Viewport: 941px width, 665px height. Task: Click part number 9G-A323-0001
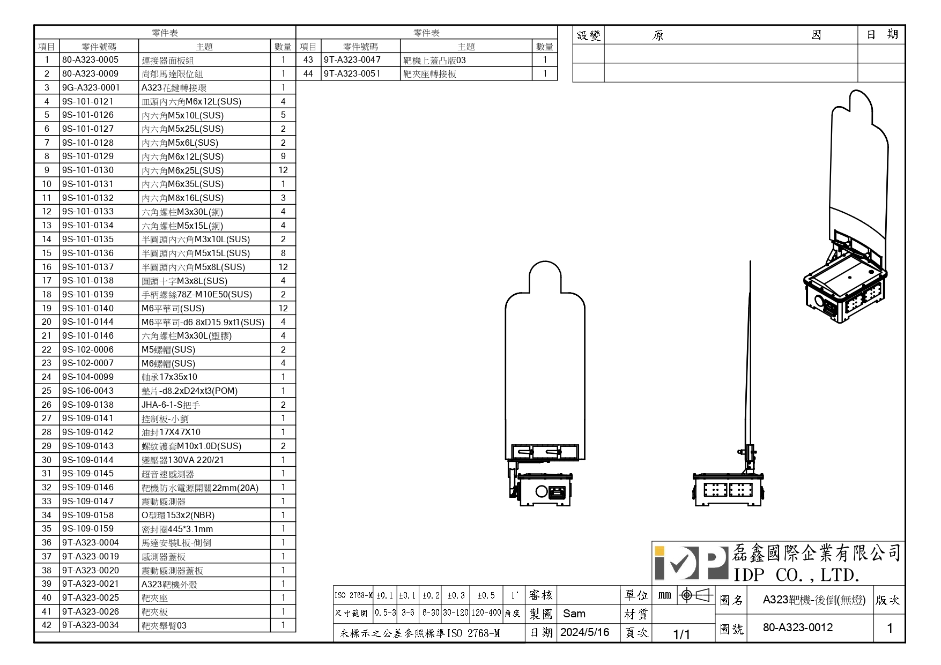coord(91,87)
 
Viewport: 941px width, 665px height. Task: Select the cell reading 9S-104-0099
coord(88,377)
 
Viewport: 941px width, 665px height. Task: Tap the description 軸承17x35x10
coord(169,377)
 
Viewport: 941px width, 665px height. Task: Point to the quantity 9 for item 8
coord(283,156)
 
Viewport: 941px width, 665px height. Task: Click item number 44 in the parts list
coord(308,74)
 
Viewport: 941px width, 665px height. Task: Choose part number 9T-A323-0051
coord(352,74)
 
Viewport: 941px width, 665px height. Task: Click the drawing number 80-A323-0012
coord(798,627)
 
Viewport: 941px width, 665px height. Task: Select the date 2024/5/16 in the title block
coord(585,632)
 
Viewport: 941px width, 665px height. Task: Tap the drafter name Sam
coord(574,614)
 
